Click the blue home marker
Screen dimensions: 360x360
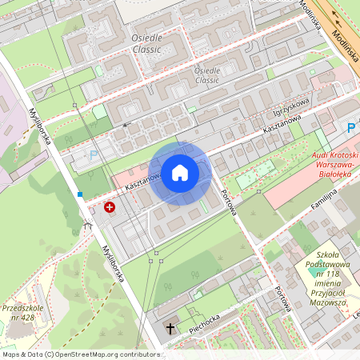click(180, 173)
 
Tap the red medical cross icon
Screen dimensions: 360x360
click(109, 207)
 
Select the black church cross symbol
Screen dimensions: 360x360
click(170, 328)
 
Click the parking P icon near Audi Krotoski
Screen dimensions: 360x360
click(351, 127)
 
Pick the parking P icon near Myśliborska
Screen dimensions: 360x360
click(93, 154)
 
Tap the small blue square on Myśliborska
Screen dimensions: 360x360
click(80, 194)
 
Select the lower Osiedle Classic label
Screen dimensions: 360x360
click(206, 75)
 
